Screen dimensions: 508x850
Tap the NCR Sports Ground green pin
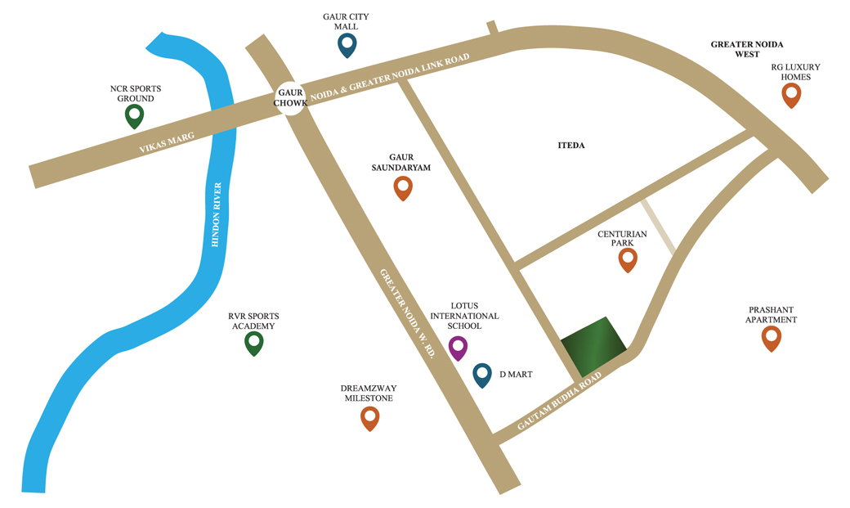pyautogui.click(x=134, y=115)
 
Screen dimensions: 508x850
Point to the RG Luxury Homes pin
pyautogui.click(x=790, y=95)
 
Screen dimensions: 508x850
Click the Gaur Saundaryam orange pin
pyautogui.click(x=403, y=187)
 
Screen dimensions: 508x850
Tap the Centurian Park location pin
pyautogui.click(x=627, y=259)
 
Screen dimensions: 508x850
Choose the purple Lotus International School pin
pyautogui.click(x=459, y=348)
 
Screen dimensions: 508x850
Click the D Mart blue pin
pyautogui.click(x=482, y=375)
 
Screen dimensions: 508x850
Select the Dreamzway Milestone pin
pyautogui.click(x=369, y=418)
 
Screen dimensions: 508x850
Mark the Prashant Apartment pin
pyautogui.click(x=771, y=339)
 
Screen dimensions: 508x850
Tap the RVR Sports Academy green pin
pyautogui.click(x=254, y=344)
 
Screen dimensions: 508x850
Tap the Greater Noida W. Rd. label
pyautogui.click(x=406, y=314)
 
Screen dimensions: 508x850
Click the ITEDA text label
pyautogui.click(x=572, y=146)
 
